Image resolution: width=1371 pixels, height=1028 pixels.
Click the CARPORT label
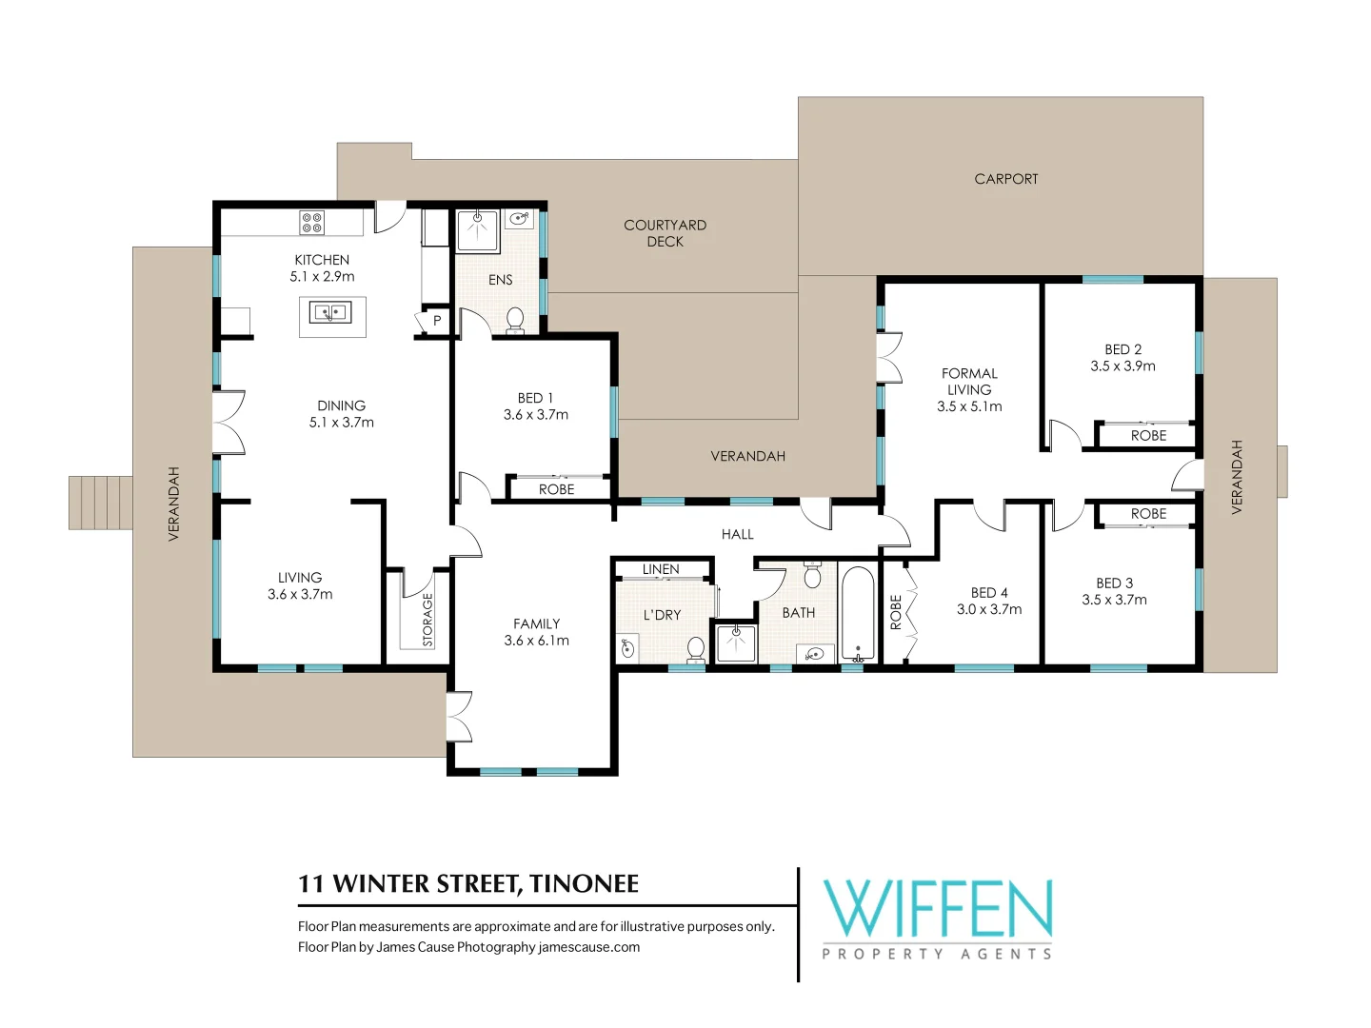point(1005,179)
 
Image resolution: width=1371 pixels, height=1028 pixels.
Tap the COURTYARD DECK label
point(665,233)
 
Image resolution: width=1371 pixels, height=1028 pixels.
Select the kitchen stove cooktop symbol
point(312,223)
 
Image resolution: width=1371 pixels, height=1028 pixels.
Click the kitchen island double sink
point(330,311)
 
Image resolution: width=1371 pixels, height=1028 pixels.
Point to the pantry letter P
point(437,322)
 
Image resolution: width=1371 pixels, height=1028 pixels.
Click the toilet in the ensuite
point(515,319)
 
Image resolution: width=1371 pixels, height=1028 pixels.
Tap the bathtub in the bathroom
point(858,614)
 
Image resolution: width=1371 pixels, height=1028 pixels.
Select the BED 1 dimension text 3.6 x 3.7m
point(536,415)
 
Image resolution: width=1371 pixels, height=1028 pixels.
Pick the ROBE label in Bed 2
point(1148,436)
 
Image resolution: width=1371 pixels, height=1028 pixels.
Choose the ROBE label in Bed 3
point(1148,514)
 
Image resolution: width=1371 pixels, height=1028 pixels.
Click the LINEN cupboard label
point(661,569)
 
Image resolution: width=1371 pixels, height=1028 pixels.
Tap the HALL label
point(737,535)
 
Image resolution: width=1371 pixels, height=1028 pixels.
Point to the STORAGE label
point(427,620)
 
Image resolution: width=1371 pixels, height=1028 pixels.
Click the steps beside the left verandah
point(100,503)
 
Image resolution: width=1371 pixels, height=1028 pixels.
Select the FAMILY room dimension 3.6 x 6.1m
point(536,641)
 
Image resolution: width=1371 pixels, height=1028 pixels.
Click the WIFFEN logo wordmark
point(937,909)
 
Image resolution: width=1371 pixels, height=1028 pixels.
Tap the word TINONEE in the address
point(584,884)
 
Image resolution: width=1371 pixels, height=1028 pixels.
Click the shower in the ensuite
point(477,231)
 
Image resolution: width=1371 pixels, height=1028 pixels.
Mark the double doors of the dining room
point(228,422)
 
